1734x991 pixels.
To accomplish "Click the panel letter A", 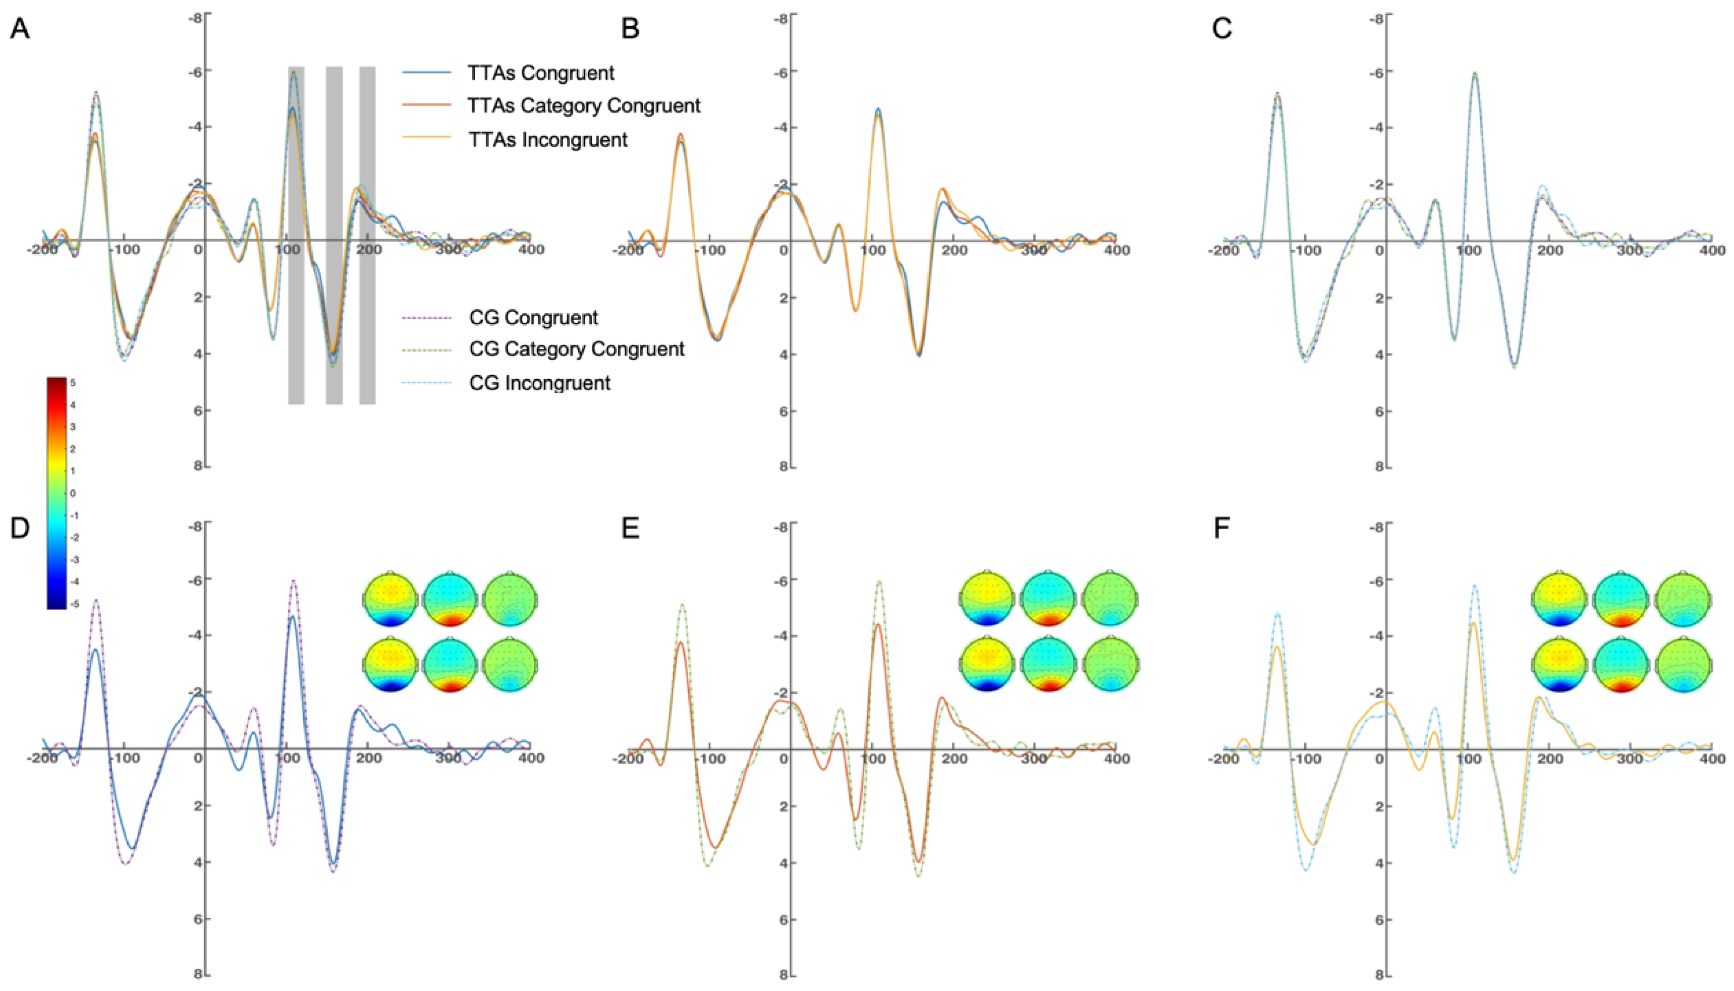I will click(x=20, y=29).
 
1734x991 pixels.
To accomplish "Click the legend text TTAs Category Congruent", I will click(x=583, y=106).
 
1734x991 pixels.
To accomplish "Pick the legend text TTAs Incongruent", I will click(x=547, y=140).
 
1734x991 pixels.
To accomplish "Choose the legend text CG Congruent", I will click(x=533, y=318).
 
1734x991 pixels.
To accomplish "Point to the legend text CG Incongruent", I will click(x=539, y=383).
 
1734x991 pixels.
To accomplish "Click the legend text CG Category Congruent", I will click(x=576, y=349).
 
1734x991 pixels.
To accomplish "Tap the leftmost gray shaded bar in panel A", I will click(x=296, y=235).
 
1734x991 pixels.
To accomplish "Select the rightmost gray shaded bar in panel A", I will click(x=367, y=235).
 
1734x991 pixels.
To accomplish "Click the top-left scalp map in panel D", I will click(x=390, y=600).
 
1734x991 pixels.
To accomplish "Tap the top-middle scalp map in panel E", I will click(x=1048, y=600).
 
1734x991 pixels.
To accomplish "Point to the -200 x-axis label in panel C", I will click(x=1223, y=251).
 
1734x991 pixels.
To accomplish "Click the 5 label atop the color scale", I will click(x=73, y=383).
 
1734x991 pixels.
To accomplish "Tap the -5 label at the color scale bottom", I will click(x=74, y=604).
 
